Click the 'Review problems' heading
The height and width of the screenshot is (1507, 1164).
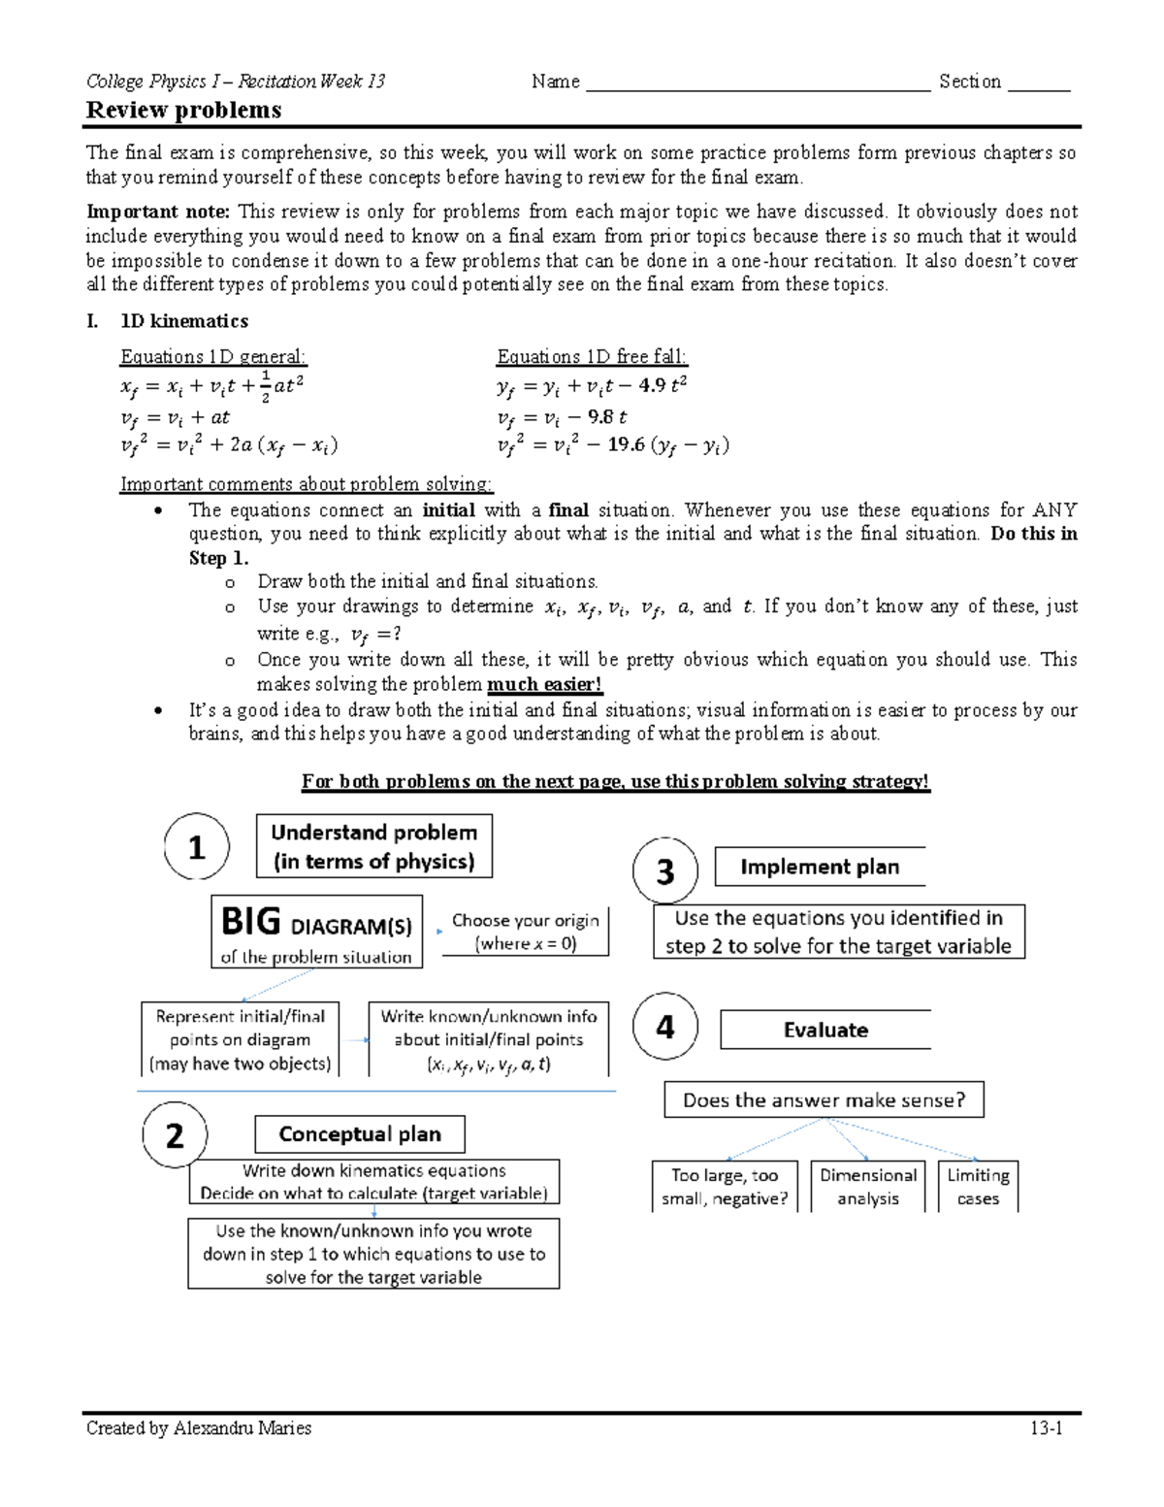183,110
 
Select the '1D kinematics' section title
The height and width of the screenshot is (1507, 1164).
183,321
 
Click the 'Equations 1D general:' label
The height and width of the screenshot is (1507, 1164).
212,356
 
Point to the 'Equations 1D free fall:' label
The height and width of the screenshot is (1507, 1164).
592,356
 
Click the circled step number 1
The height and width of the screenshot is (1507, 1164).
196,847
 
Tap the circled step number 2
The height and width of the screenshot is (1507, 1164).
175,1134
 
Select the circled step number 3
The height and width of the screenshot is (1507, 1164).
665,871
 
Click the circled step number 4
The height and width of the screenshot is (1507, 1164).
665,1027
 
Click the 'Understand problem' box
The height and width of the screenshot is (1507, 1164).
373,846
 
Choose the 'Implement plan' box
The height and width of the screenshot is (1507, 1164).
820,867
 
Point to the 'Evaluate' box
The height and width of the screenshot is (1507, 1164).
825,1030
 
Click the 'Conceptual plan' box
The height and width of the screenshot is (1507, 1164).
360,1133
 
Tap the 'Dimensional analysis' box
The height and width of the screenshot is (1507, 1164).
868,1187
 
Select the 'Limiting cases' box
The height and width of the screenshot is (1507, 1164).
978,1187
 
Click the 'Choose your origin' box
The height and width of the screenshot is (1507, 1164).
526,932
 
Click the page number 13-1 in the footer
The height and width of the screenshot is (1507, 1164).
1047,1428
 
